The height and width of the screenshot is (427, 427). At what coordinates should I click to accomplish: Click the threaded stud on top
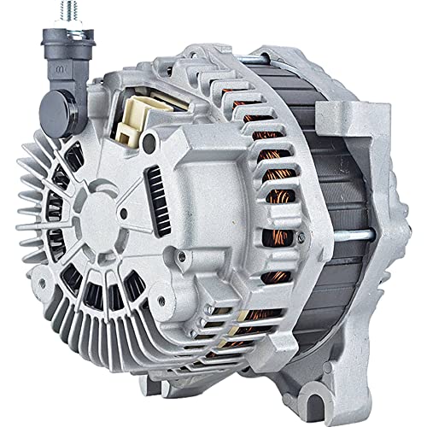coord(44,13)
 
